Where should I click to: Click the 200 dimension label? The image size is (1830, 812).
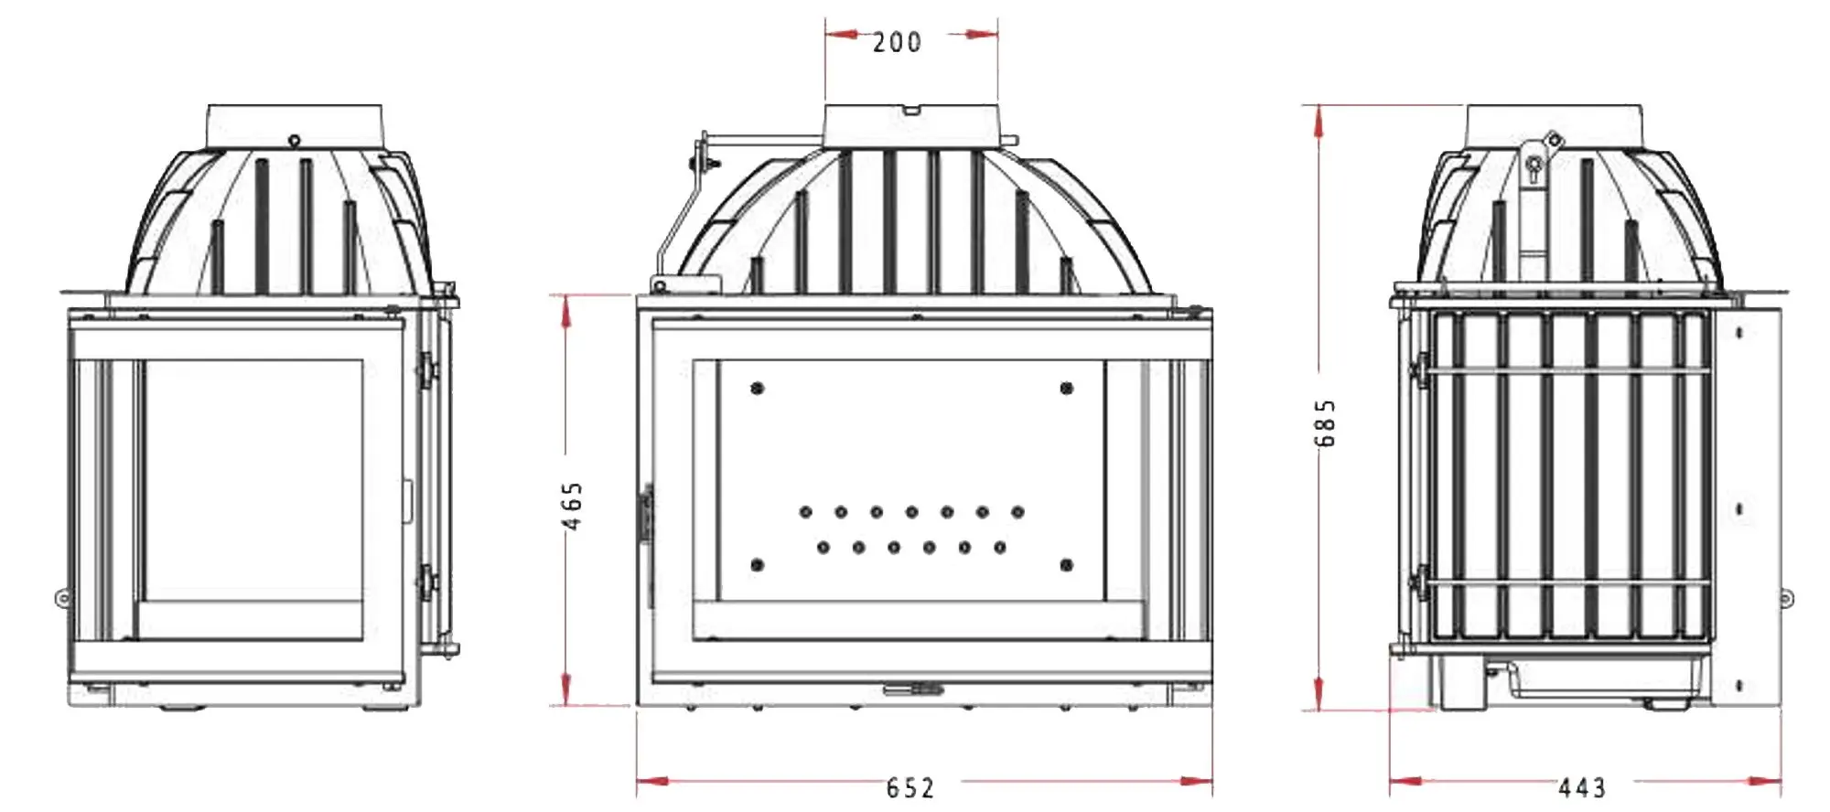(x=897, y=42)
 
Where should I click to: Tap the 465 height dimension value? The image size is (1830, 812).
(x=572, y=506)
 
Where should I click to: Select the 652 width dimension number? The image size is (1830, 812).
(x=910, y=787)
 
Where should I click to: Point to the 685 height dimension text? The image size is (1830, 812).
(x=1325, y=422)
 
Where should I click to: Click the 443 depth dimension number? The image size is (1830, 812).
(x=1582, y=787)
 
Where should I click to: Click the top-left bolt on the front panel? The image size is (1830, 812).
(x=757, y=389)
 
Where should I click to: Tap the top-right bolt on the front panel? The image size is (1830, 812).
(x=1066, y=389)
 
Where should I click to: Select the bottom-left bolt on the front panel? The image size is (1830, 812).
(x=757, y=565)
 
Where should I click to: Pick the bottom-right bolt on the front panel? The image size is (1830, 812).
(x=1066, y=565)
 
